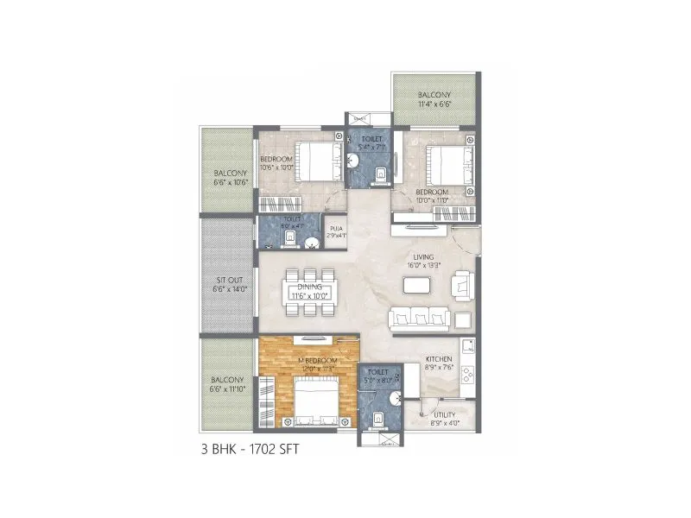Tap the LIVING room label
pyautogui.click(x=423, y=256)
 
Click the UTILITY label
pyautogui.click(x=445, y=414)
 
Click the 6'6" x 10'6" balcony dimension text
pyautogui.click(x=231, y=182)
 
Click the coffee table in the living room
pyautogui.click(x=425, y=287)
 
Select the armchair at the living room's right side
pyautogui.click(x=464, y=282)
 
